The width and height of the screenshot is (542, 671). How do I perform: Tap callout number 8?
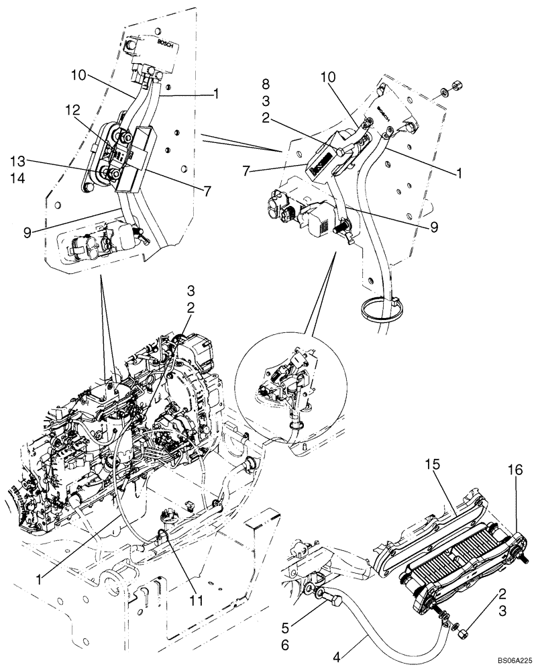pyautogui.click(x=266, y=85)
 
